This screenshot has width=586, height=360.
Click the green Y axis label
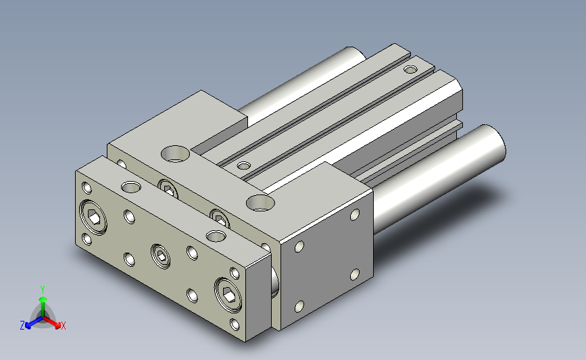pos(43,290)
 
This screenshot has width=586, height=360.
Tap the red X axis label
pos(63,326)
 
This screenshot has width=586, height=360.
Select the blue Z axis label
pos(22,326)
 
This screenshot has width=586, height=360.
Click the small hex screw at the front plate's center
pos(161,256)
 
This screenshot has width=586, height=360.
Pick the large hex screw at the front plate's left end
pos(93,217)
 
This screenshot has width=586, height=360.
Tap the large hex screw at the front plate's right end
pos(228,294)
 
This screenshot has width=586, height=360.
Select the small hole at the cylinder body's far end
pos(411,70)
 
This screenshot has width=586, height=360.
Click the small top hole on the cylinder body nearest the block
pos(244,165)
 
